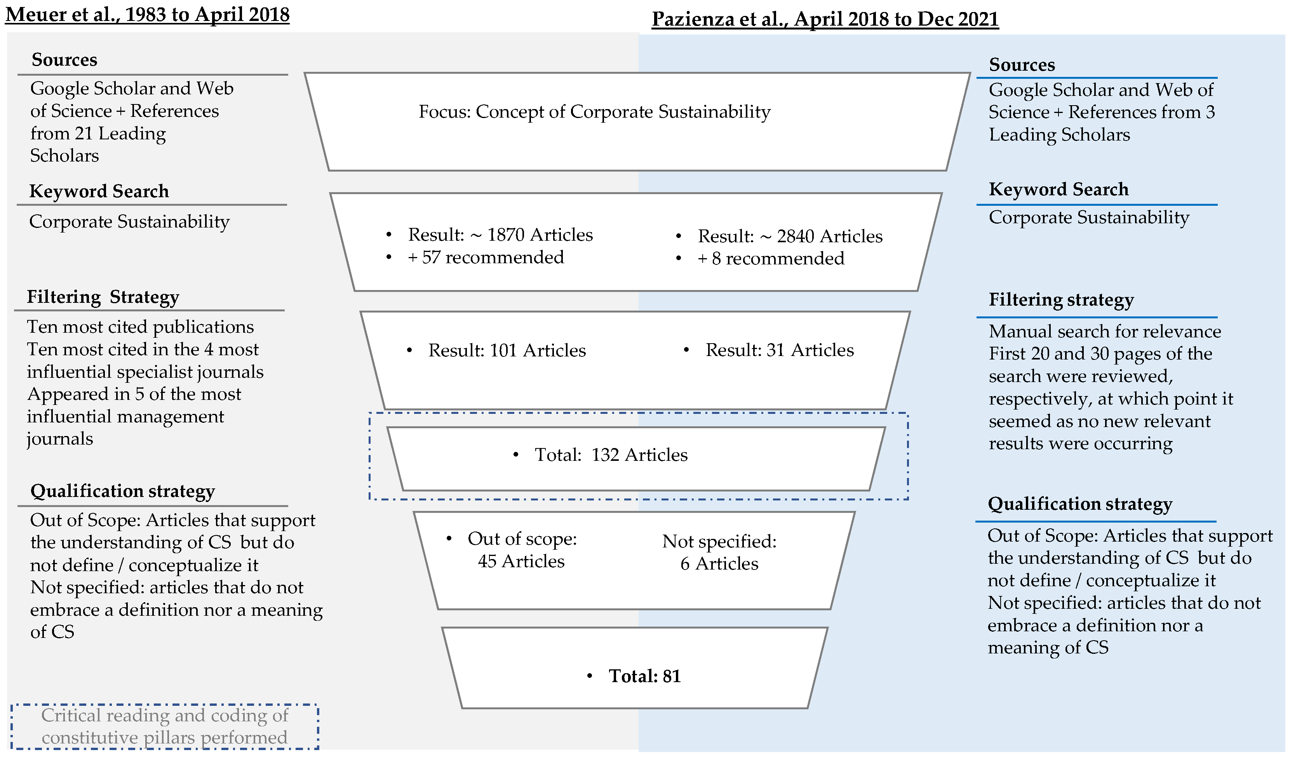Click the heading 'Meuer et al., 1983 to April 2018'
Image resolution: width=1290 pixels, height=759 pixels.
(148, 14)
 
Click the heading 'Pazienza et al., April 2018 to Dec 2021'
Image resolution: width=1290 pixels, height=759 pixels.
(825, 19)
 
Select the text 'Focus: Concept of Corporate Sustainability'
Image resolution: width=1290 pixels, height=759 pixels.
(594, 111)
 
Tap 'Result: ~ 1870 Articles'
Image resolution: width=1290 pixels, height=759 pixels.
(500, 235)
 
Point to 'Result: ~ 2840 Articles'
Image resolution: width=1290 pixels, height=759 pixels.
(790, 236)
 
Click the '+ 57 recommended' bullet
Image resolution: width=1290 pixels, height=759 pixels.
(485, 257)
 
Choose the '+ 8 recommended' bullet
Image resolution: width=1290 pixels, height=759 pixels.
(770, 259)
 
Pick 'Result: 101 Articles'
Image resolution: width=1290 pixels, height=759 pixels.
(507, 351)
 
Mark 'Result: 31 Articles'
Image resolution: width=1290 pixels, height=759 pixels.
(779, 350)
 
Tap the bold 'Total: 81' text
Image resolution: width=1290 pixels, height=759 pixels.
(644, 677)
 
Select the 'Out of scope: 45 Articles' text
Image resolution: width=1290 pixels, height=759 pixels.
(522, 550)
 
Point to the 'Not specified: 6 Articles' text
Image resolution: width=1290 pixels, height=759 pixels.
(719, 553)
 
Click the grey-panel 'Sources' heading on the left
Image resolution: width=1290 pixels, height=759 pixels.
(64, 60)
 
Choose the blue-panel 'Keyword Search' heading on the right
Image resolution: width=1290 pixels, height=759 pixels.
(1058, 189)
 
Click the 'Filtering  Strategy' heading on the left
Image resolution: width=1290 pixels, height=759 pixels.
(103, 297)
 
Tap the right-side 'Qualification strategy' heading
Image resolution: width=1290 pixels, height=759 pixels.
(1079, 504)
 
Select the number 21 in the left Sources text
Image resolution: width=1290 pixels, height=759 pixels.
(84, 134)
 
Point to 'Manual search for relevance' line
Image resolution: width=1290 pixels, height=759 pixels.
(1104, 332)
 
